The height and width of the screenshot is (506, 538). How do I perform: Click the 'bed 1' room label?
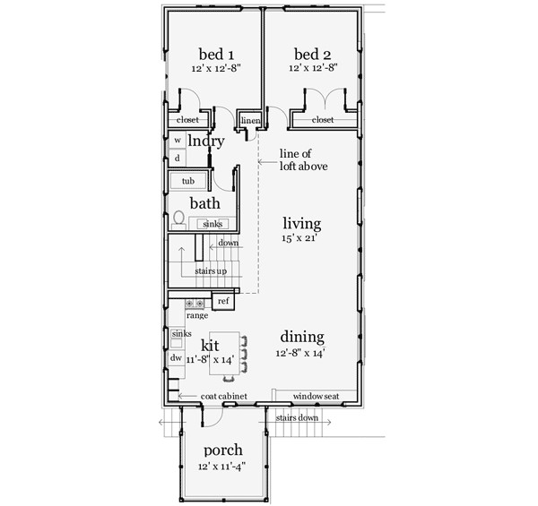click(212, 53)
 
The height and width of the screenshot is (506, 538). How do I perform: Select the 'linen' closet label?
click(250, 120)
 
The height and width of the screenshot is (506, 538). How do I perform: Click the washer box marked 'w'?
click(178, 140)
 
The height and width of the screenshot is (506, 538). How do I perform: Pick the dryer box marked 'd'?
click(178, 158)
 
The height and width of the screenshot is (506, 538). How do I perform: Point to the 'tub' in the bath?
click(188, 182)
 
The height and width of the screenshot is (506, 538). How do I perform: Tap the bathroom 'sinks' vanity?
click(213, 223)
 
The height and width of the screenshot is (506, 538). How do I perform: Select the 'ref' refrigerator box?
click(223, 302)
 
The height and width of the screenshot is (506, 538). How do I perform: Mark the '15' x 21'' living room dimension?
click(302, 239)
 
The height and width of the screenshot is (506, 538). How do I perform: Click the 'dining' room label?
click(301, 337)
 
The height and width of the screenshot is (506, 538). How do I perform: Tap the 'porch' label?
click(221, 450)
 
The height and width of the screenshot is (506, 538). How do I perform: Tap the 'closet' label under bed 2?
click(323, 120)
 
